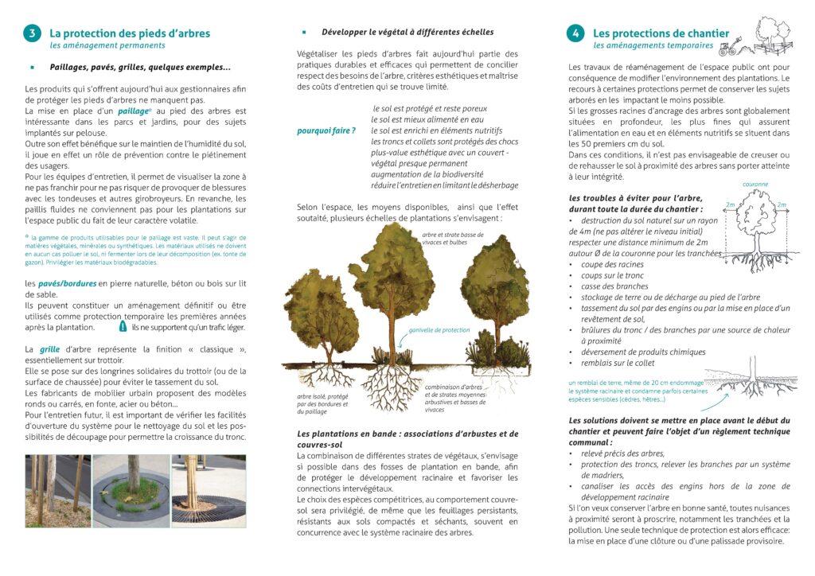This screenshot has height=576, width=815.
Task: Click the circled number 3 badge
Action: [32, 33]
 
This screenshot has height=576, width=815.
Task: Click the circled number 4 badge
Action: [575, 33]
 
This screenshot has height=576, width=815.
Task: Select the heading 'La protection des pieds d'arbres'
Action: [130, 33]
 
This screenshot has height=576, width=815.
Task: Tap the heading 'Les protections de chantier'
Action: [661, 33]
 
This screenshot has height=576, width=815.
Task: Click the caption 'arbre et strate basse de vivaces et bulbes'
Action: [452, 239]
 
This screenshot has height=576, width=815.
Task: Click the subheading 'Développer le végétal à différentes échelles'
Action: [407, 33]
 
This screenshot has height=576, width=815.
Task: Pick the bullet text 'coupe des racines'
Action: [614, 264]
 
